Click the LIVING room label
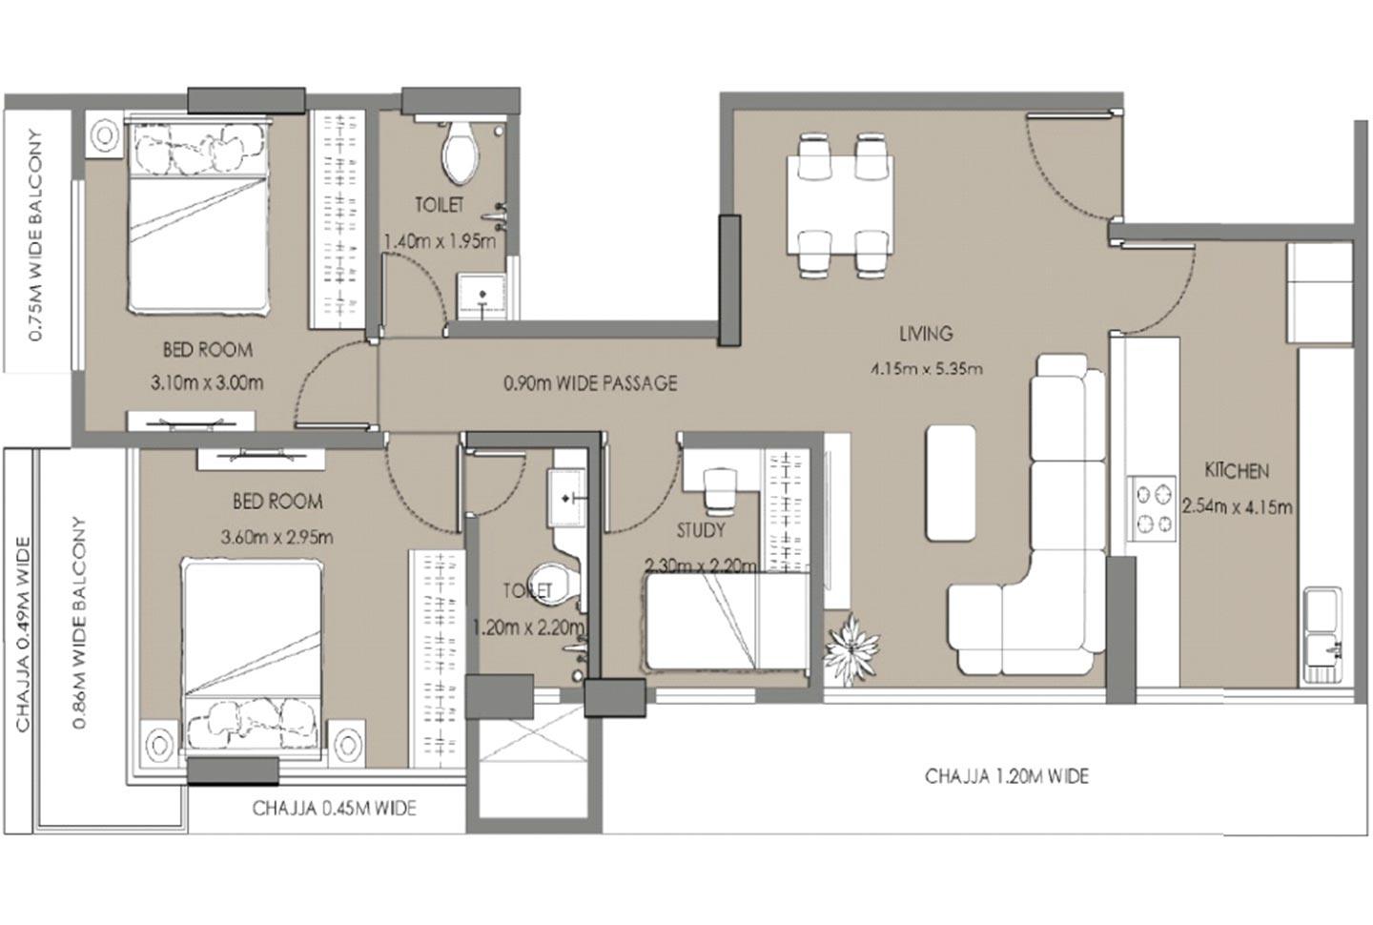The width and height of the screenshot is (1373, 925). coord(925,334)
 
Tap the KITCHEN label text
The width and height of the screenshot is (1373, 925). coord(1237,470)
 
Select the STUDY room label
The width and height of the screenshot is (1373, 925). coord(700,530)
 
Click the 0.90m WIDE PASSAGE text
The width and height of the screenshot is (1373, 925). coord(590,383)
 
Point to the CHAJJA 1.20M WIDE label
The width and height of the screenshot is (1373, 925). coord(1006,776)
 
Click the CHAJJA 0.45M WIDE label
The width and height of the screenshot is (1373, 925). coord(334,809)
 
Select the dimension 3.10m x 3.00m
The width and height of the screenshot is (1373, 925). coord(207,383)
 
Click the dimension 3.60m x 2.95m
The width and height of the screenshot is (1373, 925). coord(277,537)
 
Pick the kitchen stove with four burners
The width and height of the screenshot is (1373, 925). coord(1154,508)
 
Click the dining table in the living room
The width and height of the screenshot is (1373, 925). coord(840,205)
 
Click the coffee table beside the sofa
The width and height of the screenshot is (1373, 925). coord(951,482)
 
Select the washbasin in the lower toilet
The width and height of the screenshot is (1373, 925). coord(568,499)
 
